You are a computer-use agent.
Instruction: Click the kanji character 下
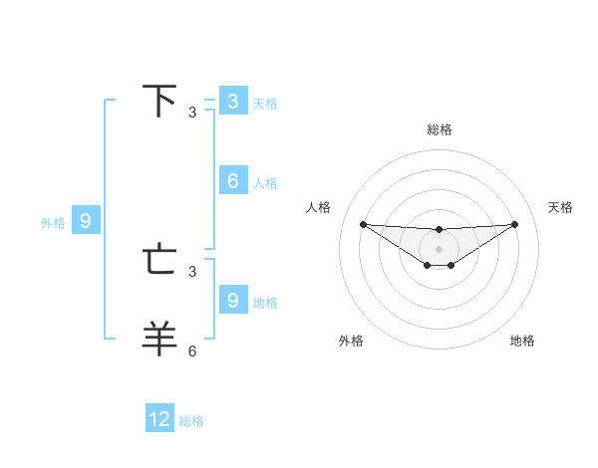point(160,101)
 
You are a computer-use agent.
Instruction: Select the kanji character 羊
point(160,339)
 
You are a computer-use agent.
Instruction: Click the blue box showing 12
point(159,419)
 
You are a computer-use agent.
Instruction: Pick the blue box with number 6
point(232,181)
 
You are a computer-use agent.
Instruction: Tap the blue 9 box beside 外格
point(86,221)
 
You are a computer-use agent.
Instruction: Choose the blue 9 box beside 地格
point(232,300)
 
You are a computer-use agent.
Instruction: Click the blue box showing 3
point(232,101)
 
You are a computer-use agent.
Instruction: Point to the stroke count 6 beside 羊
point(192,351)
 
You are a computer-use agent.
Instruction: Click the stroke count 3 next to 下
point(192,113)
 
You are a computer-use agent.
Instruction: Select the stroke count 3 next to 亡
point(192,271)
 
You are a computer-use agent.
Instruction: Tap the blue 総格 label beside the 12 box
point(191,421)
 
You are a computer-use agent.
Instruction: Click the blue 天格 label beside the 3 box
point(265,103)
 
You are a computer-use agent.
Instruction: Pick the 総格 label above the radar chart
point(440,129)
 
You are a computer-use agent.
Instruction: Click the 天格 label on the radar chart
point(561,207)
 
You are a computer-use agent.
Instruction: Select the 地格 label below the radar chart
point(522,341)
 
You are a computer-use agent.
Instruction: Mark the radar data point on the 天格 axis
point(515,223)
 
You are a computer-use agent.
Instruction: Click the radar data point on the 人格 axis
point(363,223)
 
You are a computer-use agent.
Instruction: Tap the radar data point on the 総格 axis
point(440,229)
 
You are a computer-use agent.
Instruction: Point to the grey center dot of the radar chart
point(440,248)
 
